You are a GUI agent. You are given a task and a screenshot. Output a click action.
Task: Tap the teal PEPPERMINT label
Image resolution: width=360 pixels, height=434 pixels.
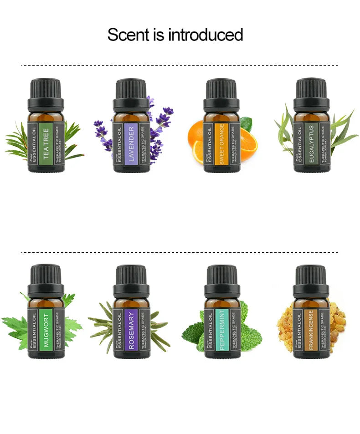pyautogui.click(x=222, y=329)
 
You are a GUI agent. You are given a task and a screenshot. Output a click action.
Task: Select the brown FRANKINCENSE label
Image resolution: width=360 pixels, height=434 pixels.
pyautogui.click(x=311, y=329)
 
